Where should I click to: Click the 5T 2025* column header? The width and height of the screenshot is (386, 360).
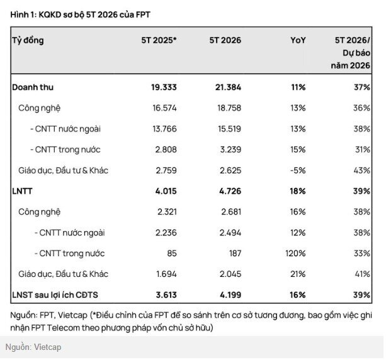click(x=159, y=40)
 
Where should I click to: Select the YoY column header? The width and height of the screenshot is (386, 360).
click(x=298, y=40)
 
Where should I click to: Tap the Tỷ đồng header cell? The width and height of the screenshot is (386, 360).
click(x=28, y=41)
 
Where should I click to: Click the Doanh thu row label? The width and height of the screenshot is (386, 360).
click(x=33, y=87)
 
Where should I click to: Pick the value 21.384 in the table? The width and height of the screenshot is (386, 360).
click(x=228, y=87)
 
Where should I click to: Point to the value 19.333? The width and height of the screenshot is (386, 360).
click(x=164, y=87)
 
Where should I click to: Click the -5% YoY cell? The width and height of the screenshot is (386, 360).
click(x=298, y=171)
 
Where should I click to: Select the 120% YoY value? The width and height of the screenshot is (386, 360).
click(x=295, y=253)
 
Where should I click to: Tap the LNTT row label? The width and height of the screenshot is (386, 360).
click(x=22, y=191)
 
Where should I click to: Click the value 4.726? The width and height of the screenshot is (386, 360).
click(x=230, y=191)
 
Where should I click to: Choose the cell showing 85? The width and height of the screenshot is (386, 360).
click(x=172, y=253)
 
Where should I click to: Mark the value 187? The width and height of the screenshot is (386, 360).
click(x=235, y=253)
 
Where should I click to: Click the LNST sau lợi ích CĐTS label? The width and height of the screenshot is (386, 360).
click(x=55, y=295)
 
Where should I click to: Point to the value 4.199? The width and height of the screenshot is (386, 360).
click(x=230, y=295)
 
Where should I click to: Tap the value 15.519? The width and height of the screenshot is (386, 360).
click(x=229, y=128)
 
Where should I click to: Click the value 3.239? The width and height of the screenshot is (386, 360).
click(x=230, y=150)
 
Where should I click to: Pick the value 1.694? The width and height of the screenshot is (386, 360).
click(x=166, y=274)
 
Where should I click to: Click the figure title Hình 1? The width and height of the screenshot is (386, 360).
click(x=80, y=14)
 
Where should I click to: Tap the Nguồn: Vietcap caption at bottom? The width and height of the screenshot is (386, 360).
click(x=33, y=347)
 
